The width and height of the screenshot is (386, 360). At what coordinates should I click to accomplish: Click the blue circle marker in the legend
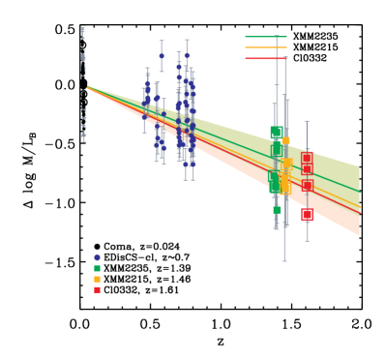[97, 257]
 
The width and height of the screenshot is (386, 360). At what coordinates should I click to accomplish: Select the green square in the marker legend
[97, 268]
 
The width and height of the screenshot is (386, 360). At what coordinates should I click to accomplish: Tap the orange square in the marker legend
[97, 279]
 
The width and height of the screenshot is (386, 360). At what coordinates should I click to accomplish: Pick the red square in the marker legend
[97, 289]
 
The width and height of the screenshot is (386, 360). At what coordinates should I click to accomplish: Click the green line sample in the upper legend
[266, 37]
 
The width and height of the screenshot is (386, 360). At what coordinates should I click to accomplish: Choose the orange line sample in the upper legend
[266, 47]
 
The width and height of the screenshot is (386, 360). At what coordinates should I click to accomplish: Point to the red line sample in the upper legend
[266, 58]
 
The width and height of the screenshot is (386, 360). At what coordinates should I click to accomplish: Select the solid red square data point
[307, 215]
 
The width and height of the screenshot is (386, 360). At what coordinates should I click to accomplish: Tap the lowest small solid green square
[277, 209]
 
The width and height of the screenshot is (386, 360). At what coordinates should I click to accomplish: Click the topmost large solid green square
[278, 133]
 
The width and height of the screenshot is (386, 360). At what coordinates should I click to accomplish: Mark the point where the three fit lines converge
[88, 88]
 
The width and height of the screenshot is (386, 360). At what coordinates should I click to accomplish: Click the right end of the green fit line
[360, 191]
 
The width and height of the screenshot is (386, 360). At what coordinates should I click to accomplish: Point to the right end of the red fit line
[360, 216]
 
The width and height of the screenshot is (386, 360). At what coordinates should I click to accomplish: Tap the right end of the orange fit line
[360, 206]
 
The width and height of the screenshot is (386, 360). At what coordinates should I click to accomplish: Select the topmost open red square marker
[307, 158]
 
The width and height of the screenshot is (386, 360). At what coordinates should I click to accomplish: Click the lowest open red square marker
[307, 185]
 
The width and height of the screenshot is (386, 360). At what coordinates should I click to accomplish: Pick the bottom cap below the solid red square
[307, 240]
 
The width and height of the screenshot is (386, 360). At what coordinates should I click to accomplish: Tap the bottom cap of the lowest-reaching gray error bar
[284, 261]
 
